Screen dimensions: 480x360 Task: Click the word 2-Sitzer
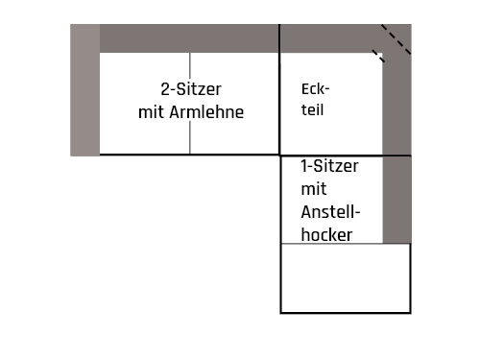point(191,89)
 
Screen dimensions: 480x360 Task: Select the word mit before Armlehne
point(153,112)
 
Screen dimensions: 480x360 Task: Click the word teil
point(312,109)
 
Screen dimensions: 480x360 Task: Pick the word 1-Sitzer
point(329,166)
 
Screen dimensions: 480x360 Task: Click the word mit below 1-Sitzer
point(313,189)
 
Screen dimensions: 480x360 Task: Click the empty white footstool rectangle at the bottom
point(345,277)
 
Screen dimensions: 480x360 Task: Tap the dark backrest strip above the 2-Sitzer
point(189,38)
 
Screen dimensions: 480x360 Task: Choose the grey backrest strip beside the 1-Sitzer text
point(396,199)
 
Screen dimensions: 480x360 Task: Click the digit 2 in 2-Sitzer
point(165,89)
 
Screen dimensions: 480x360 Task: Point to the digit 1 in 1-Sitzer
point(304,166)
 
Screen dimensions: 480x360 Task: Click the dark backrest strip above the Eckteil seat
point(326,38)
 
